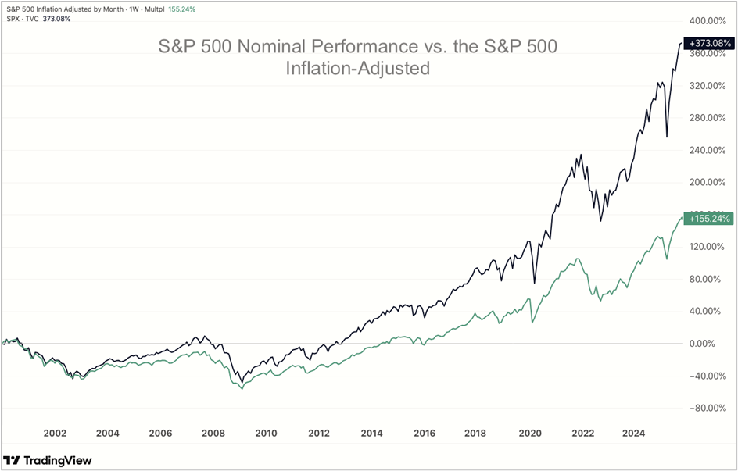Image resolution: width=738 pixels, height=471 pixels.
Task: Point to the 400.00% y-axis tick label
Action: (708, 21)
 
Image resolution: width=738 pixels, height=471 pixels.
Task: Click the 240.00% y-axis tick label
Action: (708, 150)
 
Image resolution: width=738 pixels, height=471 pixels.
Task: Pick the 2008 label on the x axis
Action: (213, 433)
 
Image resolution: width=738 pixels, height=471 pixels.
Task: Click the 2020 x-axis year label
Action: (530, 433)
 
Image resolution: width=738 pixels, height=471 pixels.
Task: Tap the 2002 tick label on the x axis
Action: (55, 433)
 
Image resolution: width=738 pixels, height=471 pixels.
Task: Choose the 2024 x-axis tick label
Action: (636, 433)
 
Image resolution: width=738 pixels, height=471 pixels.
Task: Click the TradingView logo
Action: (48, 460)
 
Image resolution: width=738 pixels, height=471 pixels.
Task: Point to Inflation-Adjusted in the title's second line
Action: (358, 69)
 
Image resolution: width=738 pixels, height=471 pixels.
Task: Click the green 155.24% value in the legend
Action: (181, 9)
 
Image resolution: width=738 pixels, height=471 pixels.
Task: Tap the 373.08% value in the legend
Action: (56, 19)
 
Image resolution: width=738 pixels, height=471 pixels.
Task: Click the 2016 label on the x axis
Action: (425, 433)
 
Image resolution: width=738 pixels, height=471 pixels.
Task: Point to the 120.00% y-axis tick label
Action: (708, 247)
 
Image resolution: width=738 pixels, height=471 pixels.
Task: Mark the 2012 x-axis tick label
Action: (319, 433)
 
